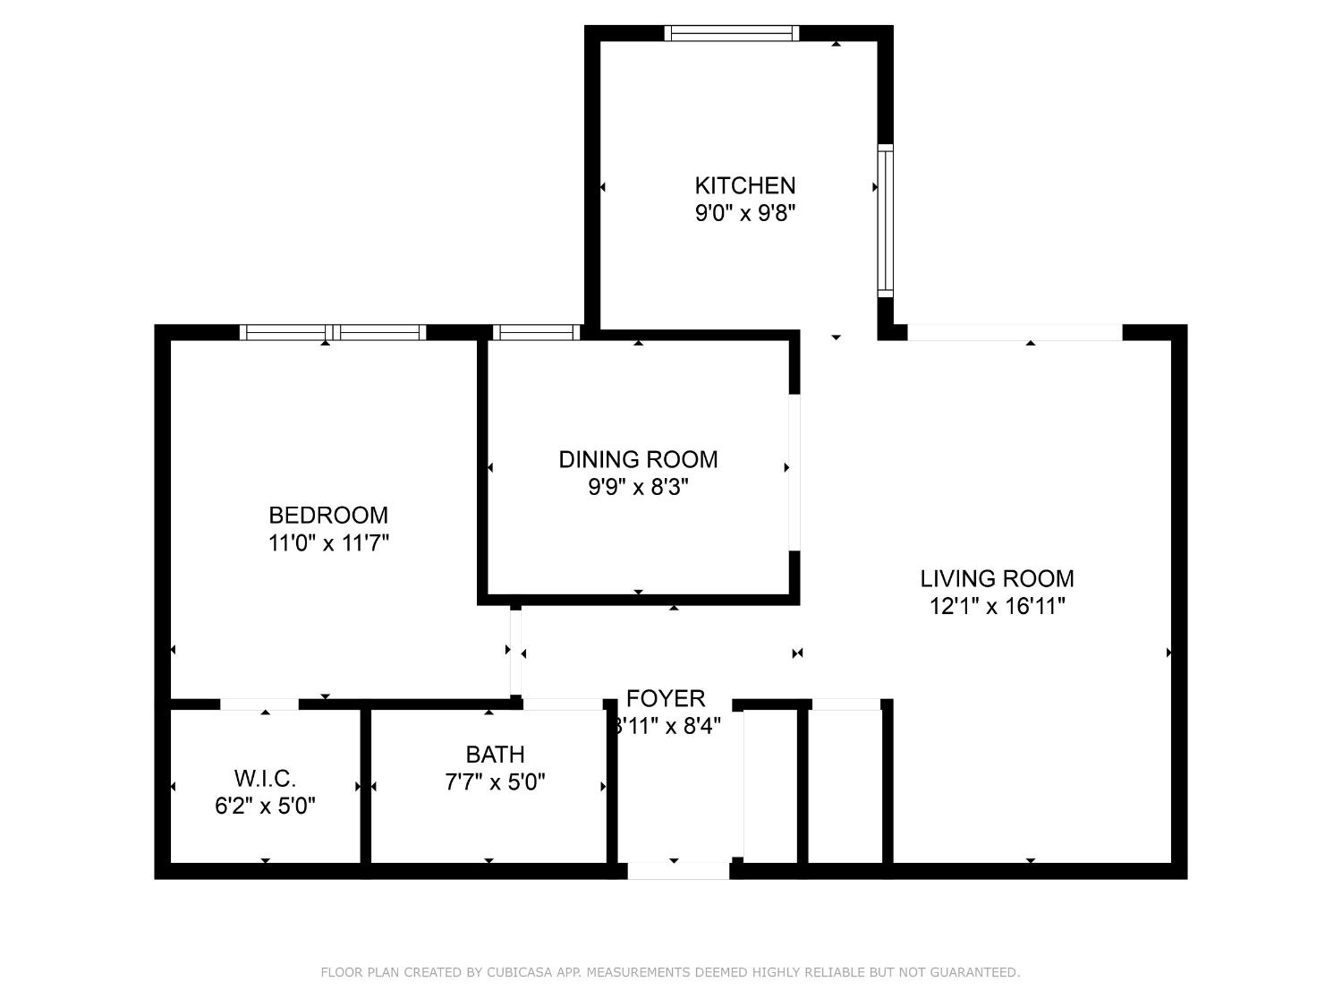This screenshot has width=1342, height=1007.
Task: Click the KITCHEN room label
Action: tap(744, 185)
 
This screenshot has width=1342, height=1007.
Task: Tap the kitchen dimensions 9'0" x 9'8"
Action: tap(744, 213)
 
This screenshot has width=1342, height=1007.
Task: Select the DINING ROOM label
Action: tap(638, 459)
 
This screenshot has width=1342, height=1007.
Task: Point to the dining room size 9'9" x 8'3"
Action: tap(638, 487)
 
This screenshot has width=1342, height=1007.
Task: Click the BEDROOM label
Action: tap(328, 515)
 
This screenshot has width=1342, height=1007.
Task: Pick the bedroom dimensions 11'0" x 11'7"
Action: tap(328, 542)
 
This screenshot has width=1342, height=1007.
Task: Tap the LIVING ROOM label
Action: tap(997, 578)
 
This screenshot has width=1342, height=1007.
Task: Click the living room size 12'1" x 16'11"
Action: tap(997, 606)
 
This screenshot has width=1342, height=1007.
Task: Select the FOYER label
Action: tap(666, 698)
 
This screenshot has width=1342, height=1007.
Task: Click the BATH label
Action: tap(495, 755)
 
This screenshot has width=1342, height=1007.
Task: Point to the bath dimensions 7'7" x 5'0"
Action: tap(495, 782)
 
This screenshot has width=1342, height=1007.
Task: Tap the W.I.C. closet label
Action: tap(265, 778)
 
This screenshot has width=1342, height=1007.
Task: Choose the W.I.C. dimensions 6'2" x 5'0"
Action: tap(265, 806)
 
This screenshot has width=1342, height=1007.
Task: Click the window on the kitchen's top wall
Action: tap(731, 33)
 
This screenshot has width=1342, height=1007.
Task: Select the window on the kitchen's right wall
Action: tap(885, 220)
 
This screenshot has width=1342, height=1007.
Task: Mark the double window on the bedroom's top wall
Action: tap(333, 332)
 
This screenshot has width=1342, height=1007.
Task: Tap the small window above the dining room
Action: tap(536, 332)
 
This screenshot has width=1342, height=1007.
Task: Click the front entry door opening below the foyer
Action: tap(678, 870)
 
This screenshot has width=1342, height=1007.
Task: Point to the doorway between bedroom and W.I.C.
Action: tap(259, 704)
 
